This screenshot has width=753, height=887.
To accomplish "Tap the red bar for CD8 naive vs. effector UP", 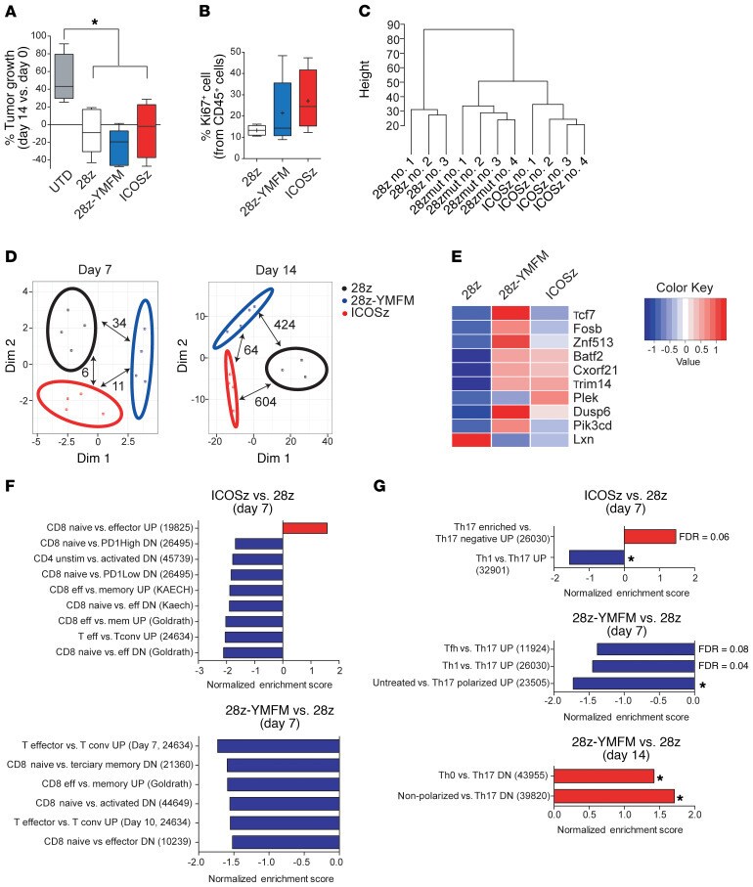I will click(305, 529).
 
